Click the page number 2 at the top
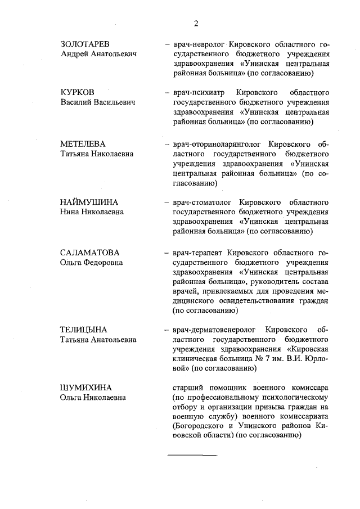coord(196,23)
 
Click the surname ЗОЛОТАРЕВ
coord(85,44)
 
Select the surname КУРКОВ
coord(78,92)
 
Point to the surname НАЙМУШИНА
coord(88,202)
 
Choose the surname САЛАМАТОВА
coord(90,253)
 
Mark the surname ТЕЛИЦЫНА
coord(83,330)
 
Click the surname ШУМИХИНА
coord(86,388)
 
